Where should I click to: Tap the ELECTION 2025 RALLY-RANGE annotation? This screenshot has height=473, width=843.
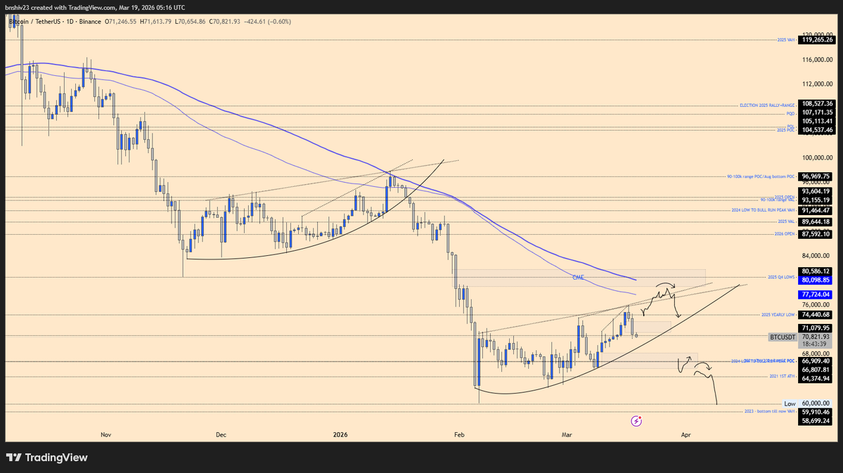pyautogui.click(x=766, y=105)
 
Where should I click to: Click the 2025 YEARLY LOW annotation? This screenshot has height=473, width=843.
pyautogui.click(x=778, y=315)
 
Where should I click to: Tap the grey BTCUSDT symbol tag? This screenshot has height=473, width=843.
pyautogui.click(x=783, y=337)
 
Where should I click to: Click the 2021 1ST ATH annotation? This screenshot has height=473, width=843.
pyautogui.click(x=783, y=377)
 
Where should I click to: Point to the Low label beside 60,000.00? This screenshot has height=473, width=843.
pyautogui.click(x=790, y=404)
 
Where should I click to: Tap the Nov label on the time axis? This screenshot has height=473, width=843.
pyautogui.click(x=106, y=435)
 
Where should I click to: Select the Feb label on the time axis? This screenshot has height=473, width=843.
pyautogui.click(x=460, y=435)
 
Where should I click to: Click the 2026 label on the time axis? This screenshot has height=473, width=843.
pyautogui.click(x=340, y=435)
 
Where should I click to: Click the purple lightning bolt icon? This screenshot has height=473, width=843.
pyautogui.click(x=636, y=421)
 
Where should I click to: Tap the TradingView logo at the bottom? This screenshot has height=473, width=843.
pyautogui.click(x=47, y=458)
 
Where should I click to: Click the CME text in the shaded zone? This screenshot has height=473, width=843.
pyautogui.click(x=578, y=278)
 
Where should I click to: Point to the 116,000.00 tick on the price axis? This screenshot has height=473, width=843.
pyautogui.click(x=818, y=60)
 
